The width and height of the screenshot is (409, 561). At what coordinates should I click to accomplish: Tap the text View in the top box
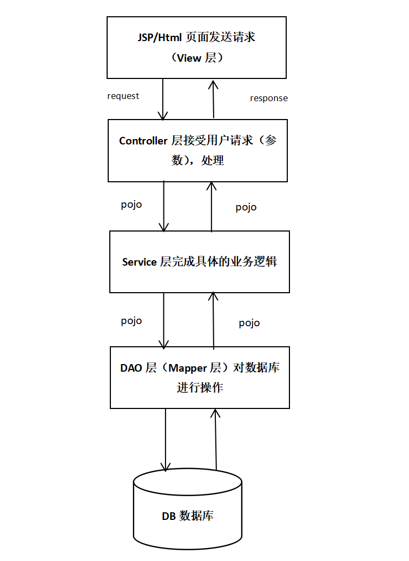point(189,58)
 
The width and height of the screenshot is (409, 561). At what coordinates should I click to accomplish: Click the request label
point(123,96)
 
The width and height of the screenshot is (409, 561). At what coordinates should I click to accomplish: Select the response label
point(268,98)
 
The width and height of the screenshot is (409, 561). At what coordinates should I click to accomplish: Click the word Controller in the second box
point(143,141)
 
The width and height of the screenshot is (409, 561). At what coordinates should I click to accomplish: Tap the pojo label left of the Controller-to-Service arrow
point(131,204)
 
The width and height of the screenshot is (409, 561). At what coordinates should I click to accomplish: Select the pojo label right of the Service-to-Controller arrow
point(246,207)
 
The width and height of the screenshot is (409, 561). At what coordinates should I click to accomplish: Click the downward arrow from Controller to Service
point(163,206)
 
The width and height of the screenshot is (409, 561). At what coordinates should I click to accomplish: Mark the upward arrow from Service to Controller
point(211,206)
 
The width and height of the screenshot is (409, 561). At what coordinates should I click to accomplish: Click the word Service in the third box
point(139,262)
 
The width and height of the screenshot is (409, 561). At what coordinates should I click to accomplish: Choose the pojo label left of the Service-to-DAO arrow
point(131,320)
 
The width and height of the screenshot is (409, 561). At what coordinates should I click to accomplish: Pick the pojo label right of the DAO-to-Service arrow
point(249,323)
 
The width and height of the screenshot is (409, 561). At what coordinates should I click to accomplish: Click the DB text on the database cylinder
point(169,516)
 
